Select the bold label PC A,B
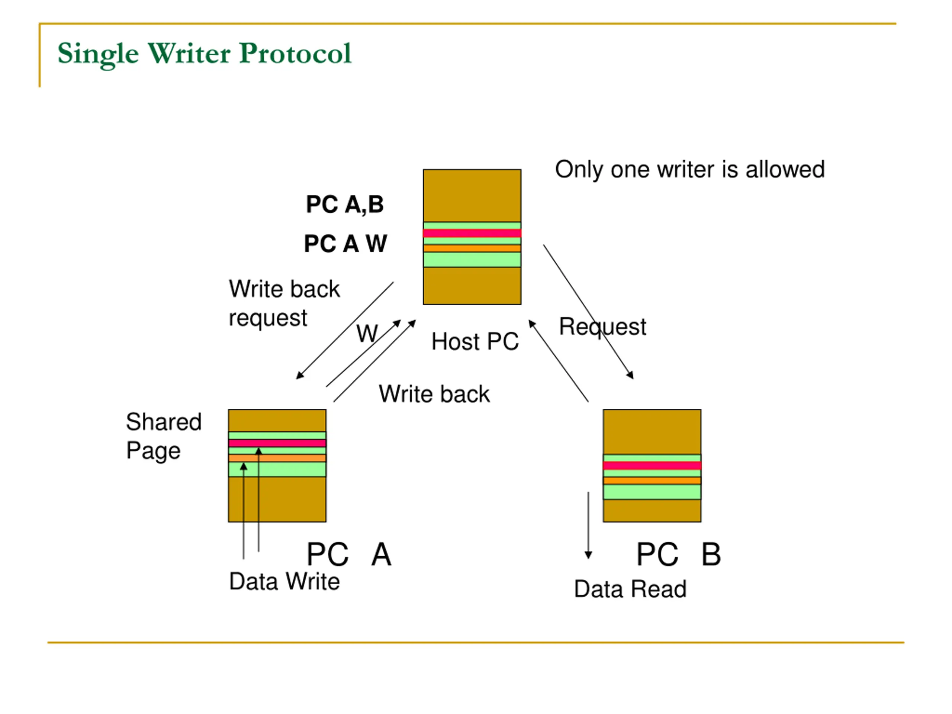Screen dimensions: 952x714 (x=345, y=205)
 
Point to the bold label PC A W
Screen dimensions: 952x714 (x=345, y=244)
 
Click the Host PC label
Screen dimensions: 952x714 (x=475, y=341)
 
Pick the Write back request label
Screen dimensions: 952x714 (x=284, y=303)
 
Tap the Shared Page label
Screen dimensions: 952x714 (x=164, y=436)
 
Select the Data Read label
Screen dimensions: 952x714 (x=630, y=589)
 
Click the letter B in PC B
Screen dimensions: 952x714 (x=711, y=554)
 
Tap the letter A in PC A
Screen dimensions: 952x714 (x=381, y=554)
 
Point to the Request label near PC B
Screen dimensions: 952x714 (x=602, y=326)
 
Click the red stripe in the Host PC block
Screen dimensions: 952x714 (x=472, y=233)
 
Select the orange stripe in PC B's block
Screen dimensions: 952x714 (x=652, y=481)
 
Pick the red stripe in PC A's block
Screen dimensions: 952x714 (x=277, y=443)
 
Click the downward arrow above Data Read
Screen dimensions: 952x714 (x=588, y=525)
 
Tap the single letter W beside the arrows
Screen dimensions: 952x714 (x=367, y=334)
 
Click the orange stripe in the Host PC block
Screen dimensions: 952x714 (x=472, y=248)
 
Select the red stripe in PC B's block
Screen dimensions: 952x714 (x=652, y=466)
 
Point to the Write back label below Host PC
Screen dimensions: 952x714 (x=434, y=394)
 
